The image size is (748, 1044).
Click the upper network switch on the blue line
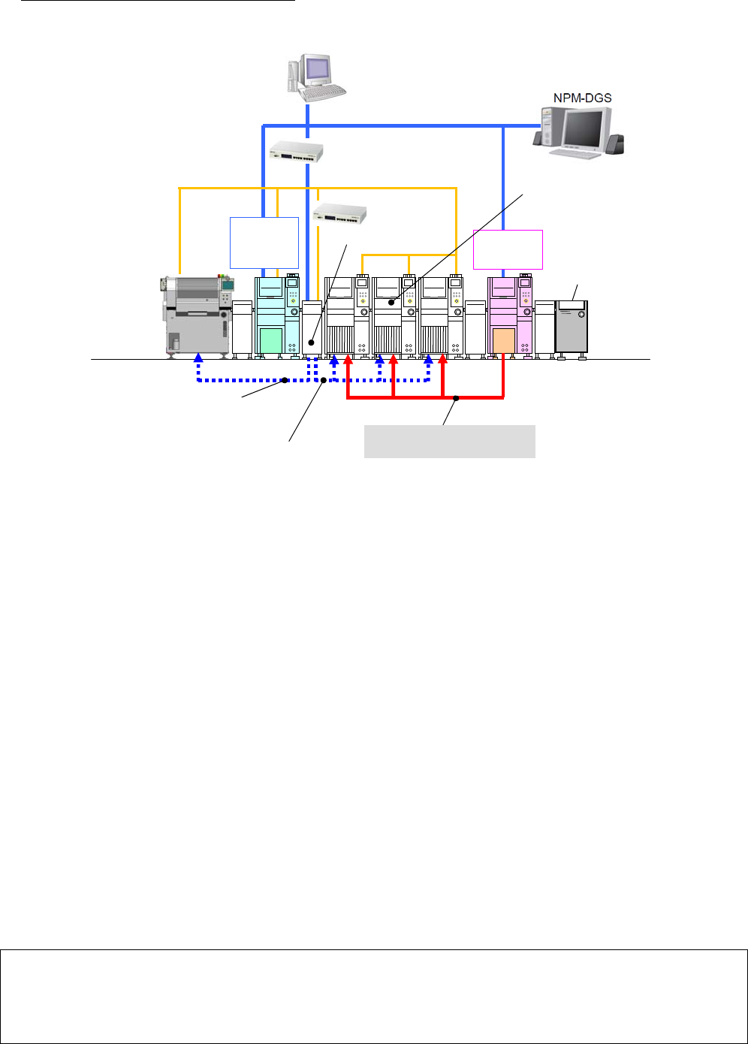click(296, 152)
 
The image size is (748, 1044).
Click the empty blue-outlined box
click(264, 242)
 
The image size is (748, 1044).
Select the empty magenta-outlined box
click(508, 249)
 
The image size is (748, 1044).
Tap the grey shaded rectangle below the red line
click(449, 441)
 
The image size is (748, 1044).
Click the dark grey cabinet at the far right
click(572, 327)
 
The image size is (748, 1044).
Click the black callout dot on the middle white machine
click(391, 302)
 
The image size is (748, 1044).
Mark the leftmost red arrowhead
click(348, 361)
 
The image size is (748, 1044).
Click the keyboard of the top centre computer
click(323, 92)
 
